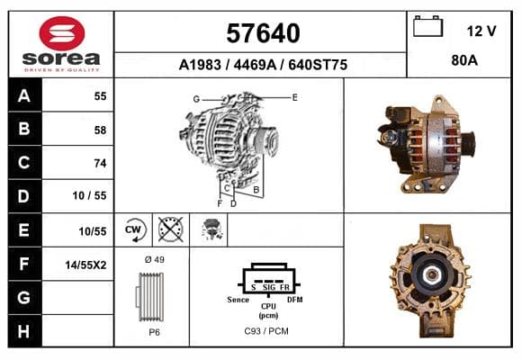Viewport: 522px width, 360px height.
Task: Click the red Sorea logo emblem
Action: coord(62,33)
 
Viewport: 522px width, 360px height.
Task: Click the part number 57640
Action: coord(263,33)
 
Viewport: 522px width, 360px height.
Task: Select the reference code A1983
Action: coord(200,65)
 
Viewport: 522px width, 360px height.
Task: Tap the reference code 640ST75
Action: coord(318,65)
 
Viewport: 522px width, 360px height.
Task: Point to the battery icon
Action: coord(427,26)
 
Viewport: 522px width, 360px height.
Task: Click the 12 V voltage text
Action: coord(481,31)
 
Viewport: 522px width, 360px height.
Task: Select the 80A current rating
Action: coord(464,60)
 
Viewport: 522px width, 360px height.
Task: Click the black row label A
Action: coord(24,96)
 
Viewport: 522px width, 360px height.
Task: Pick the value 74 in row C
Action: coord(100,163)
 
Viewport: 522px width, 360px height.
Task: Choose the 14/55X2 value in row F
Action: coord(85,265)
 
